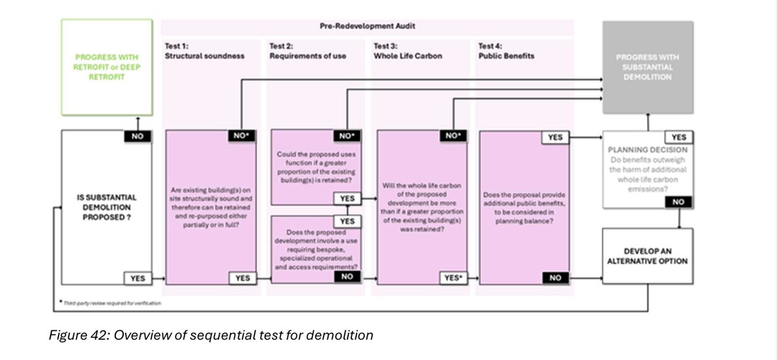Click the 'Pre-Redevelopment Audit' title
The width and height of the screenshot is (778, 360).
368,27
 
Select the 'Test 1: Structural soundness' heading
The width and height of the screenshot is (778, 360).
204,51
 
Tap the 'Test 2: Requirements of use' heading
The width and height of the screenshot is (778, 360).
307,51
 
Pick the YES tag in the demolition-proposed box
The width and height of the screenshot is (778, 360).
137,278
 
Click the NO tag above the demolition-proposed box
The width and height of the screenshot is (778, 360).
137,137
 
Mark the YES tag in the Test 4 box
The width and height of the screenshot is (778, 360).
556,138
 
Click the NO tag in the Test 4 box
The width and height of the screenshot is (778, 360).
556,278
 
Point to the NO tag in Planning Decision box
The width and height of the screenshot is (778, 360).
677,202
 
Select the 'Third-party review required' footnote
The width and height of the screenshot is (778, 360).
112,303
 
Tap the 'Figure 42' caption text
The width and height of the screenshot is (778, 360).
211,335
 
